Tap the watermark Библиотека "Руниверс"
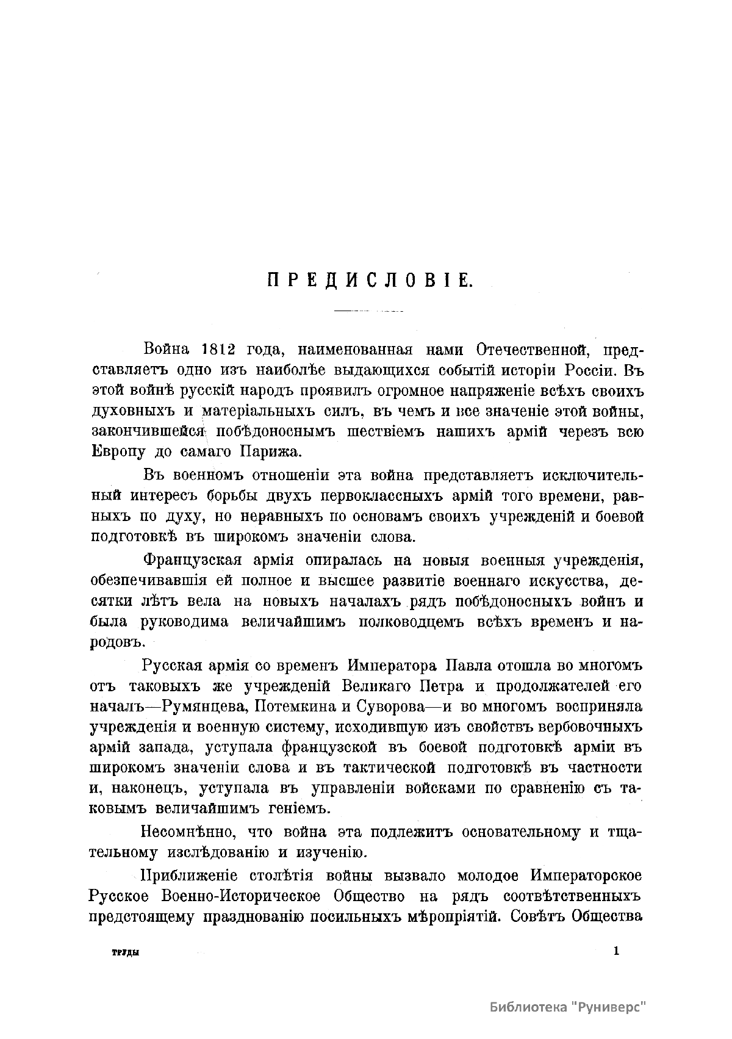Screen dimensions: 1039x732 pos(568,1007)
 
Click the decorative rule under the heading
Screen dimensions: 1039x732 pos(368,312)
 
